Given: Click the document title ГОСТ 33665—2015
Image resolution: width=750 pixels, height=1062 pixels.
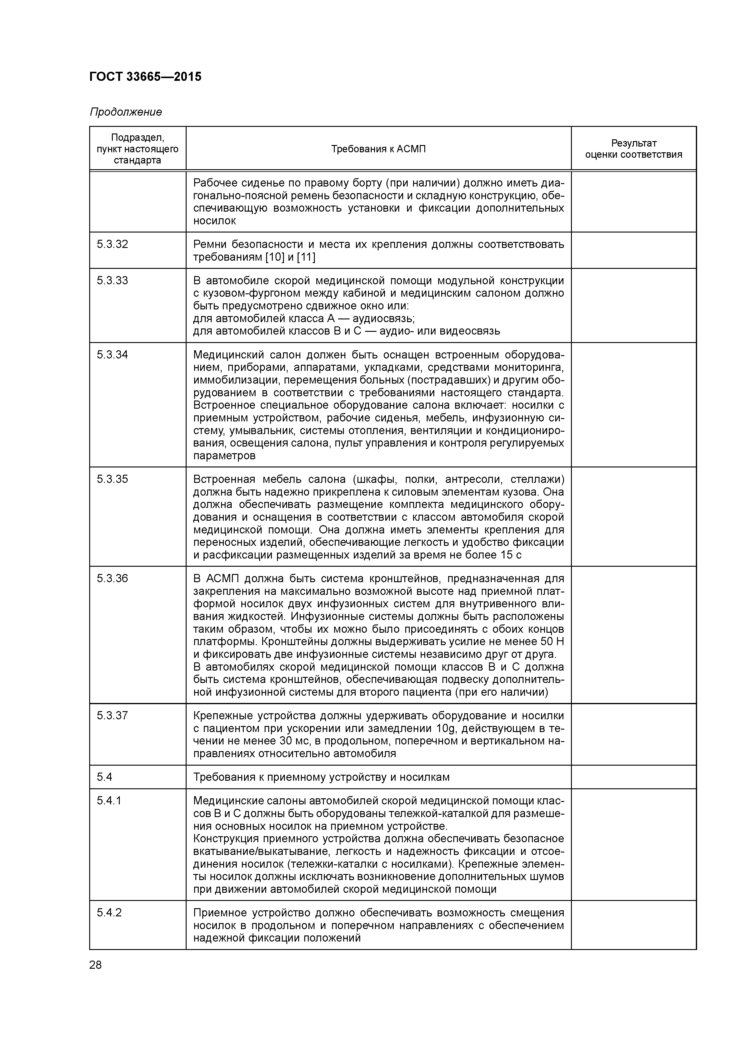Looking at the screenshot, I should (145, 77).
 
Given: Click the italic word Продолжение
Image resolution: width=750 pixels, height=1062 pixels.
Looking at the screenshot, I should (126, 112).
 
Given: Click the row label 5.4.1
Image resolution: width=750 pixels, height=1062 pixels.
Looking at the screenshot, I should (109, 801).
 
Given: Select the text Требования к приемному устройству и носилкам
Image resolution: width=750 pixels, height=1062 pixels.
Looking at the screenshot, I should (321, 777).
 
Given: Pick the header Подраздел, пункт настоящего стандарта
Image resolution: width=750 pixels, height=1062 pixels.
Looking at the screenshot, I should (138, 149).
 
